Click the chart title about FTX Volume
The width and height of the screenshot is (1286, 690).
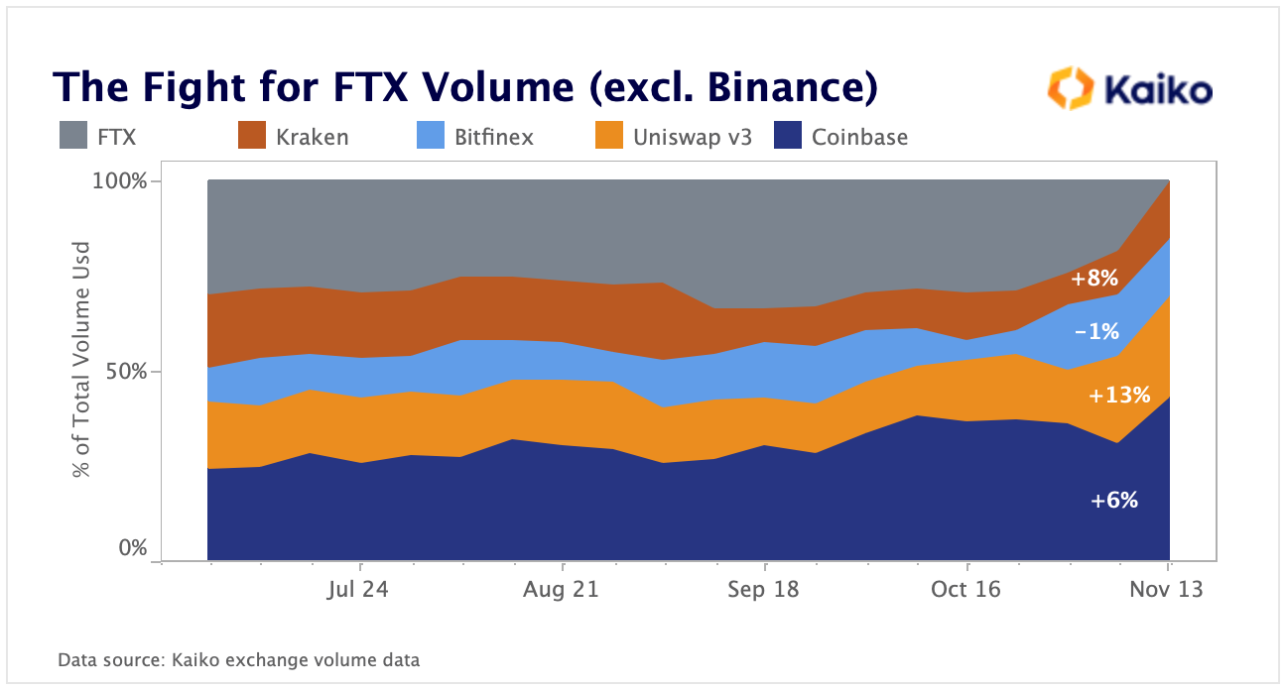465,88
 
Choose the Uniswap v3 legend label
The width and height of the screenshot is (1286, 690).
693,138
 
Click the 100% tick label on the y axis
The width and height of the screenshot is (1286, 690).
121,182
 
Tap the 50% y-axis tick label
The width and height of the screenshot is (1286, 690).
127,372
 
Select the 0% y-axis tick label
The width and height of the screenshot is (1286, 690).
133,548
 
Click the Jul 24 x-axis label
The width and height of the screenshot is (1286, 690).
357,590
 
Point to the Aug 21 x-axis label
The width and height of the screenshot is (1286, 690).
561,590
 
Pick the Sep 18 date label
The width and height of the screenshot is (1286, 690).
763,590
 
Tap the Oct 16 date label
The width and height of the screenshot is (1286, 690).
965,590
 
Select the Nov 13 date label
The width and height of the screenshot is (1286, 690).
1168,590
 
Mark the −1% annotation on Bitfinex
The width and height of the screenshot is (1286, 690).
1098,332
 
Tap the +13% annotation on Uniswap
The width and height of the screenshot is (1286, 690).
1118,396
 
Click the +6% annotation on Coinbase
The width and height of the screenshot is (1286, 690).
1113,502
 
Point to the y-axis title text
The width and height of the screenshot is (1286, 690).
82,359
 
